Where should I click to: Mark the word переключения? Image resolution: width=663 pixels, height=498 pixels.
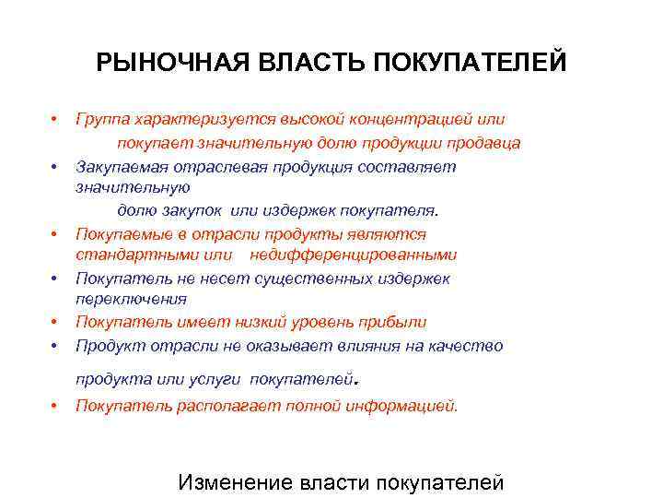[x=131, y=299]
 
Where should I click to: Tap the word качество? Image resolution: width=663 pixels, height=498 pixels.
[x=471, y=345]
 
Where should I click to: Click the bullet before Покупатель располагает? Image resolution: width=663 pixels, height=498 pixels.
[x=55, y=406]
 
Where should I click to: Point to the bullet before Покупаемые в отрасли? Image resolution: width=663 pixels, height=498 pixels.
[x=55, y=235]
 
